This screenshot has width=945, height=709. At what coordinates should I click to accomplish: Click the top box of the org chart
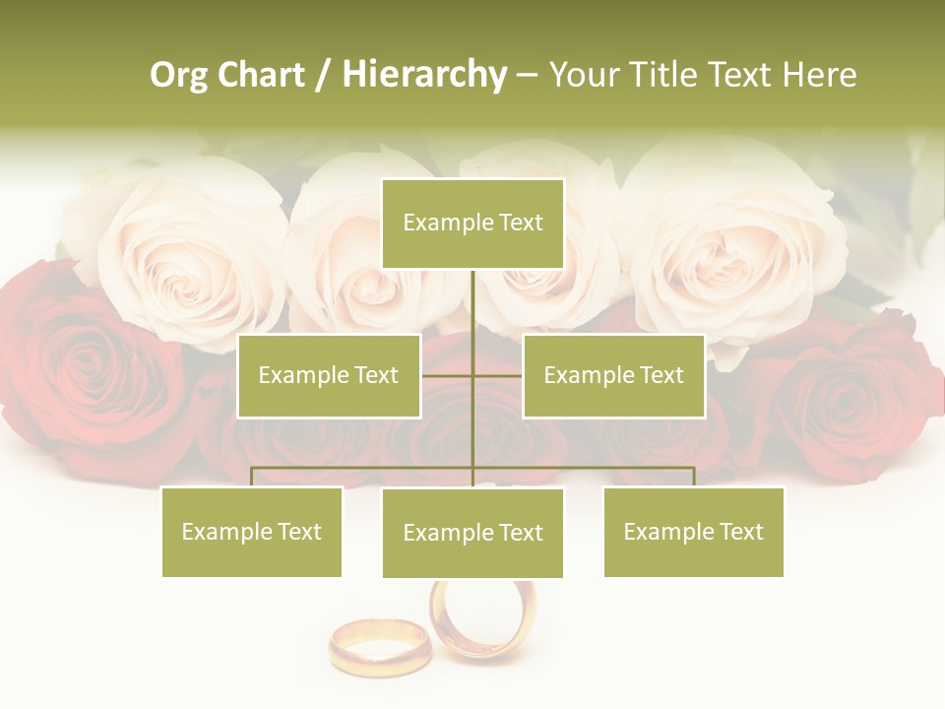click(472, 224)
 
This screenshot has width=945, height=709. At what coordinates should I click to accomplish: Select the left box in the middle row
click(329, 376)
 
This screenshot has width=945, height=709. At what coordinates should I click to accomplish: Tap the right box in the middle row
click(613, 376)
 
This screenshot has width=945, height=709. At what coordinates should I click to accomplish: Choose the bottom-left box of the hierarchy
click(252, 532)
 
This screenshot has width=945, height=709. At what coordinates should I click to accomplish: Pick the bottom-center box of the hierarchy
click(472, 533)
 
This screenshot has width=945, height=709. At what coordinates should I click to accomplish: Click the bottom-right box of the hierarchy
click(693, 532)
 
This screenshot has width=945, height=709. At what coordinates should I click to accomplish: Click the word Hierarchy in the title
click(424, 75)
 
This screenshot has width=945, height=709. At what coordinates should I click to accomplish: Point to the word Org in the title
click(178, 75)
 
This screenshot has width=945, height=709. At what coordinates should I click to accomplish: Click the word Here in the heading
click(819, 75)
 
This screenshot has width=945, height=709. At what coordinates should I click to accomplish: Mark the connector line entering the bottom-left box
click(252, 477)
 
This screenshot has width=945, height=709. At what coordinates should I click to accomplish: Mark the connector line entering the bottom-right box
click(694, 477)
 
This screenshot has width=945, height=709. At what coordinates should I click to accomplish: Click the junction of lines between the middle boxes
click(472, 376)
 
